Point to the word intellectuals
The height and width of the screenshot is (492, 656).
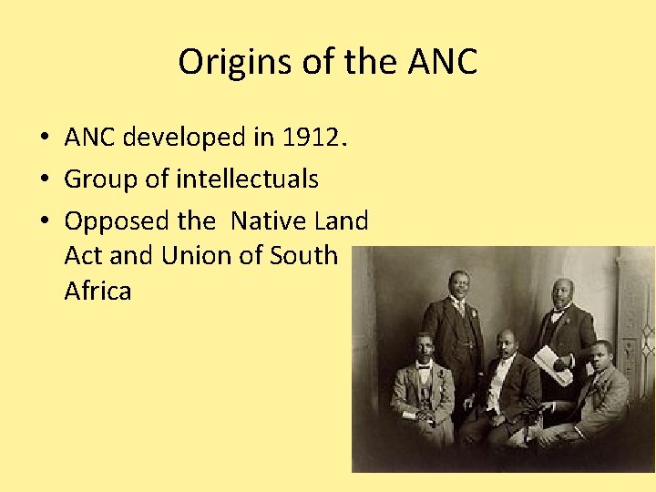(x=247, y=179)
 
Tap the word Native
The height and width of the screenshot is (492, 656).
(x=271, y=220)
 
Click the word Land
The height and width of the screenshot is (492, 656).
(x=342, y=220)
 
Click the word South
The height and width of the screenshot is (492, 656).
(x=304, y=256)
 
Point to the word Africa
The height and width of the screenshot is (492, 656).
(x=98, y=292)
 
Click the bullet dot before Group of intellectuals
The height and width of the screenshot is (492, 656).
(x=44, y=179)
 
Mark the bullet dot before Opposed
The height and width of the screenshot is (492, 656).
(x=44, y=221)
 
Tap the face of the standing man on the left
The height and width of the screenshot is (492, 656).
(x=456, y=287)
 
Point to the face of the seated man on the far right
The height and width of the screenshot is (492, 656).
(x=600, y=355)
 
